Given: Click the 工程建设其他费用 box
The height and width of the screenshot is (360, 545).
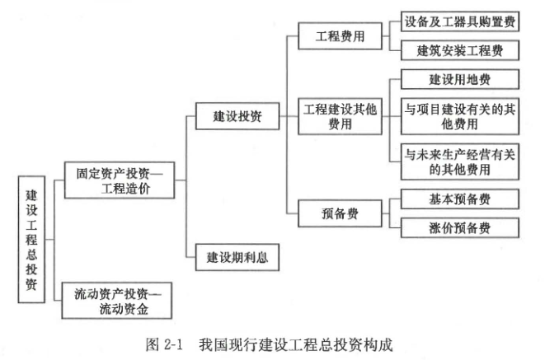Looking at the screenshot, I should tap(340, 116).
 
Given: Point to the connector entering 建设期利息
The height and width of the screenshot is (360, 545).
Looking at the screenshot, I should tap(188, 258).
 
